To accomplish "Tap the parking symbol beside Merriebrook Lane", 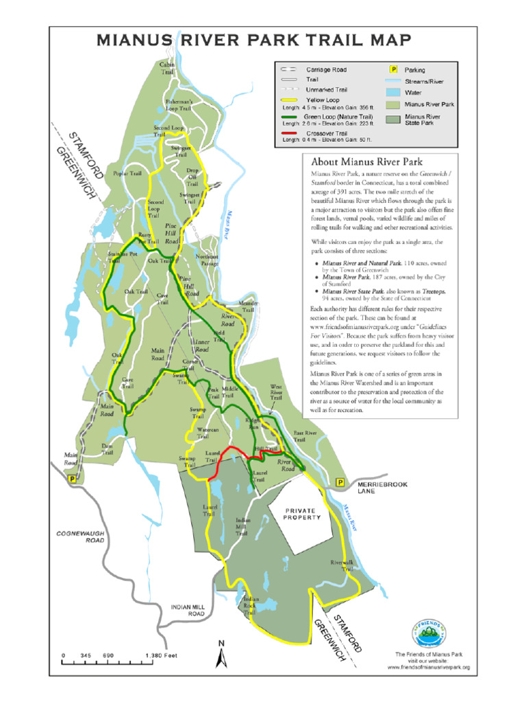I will coord(340,484).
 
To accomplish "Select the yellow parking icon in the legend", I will coord(394,69).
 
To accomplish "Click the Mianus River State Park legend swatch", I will coord(394,121).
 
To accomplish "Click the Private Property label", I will coord(302,514).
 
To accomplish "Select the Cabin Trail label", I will coord(168,67).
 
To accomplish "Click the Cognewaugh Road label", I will coord(80,536).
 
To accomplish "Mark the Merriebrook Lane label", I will coord(382,488).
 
